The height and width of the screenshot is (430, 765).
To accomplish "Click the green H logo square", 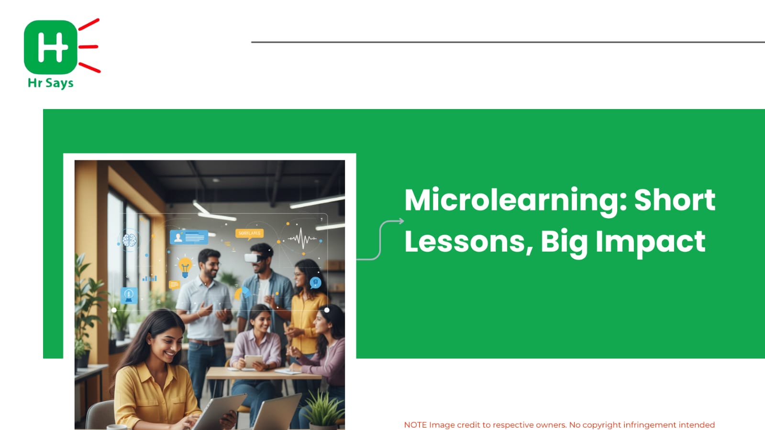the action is pyautogui.click(x=51, y=47).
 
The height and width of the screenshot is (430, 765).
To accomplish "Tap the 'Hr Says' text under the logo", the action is pyautogui.click(x=51, y=83).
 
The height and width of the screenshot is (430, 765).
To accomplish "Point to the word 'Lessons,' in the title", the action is pyautogui.click(x=469, y=242).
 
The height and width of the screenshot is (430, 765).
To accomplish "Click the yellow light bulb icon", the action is pyautogui.click(x=185, y=267).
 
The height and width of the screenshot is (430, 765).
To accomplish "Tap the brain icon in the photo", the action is pyautogui.click(x=129, y=240).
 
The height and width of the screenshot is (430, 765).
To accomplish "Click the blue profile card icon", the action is pyautogui.click(x=189, y=237).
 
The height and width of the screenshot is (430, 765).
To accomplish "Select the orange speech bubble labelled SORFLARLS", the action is pyautogui.click(x=249, y=233).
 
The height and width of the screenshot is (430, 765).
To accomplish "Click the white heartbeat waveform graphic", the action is pyautogui.click(x=302, y=238).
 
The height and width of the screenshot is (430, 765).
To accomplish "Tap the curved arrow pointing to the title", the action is pyautogui.click(x=380, y=240).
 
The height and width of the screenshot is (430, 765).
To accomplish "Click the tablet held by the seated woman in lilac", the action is pyautogui.click(x=254, y=361).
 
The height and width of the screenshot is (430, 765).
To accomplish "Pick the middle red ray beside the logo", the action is pyautogui.click(x=89, y=47).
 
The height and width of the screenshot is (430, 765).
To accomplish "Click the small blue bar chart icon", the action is pyautogui.click(x=150, y=278).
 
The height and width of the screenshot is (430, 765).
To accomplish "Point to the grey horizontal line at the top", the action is pyautogui.click(x=508, y=42).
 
